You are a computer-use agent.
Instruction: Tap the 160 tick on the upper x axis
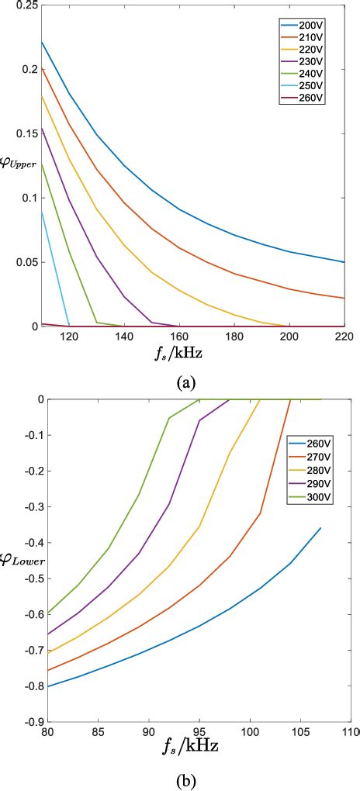point(178,337)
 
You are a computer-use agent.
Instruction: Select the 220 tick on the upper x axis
point(342,337)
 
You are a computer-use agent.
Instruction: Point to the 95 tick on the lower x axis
point(199,731)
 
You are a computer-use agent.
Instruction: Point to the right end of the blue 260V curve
point(320,528)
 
